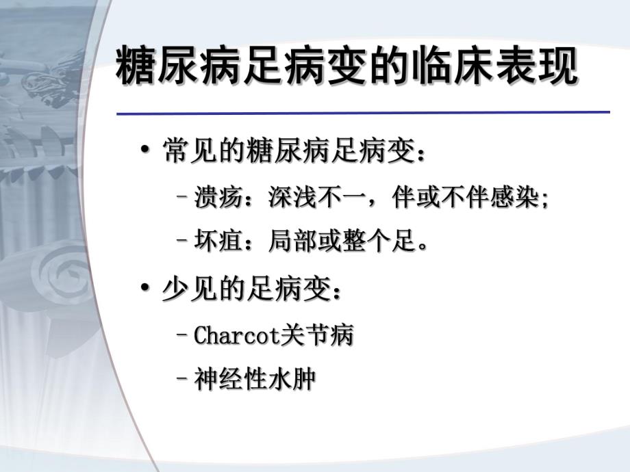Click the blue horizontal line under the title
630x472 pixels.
pos(363,112)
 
